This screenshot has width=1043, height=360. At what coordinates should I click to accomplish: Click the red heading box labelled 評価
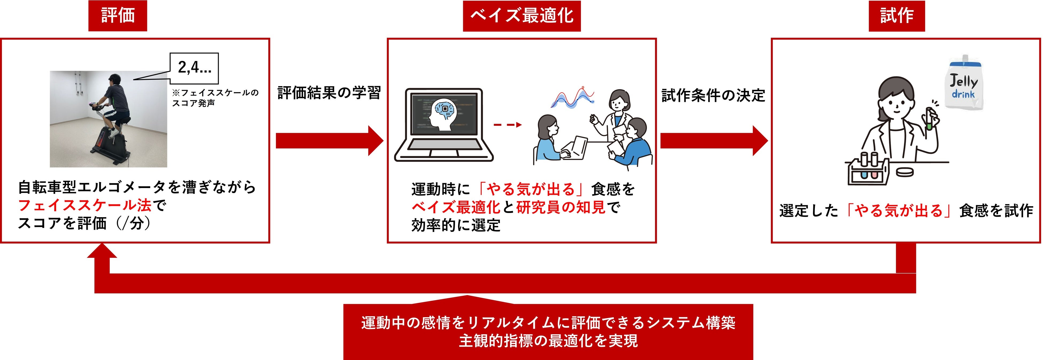point(117,16)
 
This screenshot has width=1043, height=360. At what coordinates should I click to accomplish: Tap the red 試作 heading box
point(896,16)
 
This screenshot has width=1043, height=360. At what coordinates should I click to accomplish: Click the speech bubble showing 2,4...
point(194,68)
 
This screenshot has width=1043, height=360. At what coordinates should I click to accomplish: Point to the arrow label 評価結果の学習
point(329,93)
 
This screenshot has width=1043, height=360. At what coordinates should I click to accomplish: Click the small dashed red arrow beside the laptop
point(507,125)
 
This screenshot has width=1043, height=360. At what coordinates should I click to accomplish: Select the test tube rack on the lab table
point(868,170)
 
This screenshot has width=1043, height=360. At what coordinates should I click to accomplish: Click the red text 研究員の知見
point(561,207)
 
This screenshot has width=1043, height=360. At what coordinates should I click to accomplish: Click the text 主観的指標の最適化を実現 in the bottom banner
point(548,341)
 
